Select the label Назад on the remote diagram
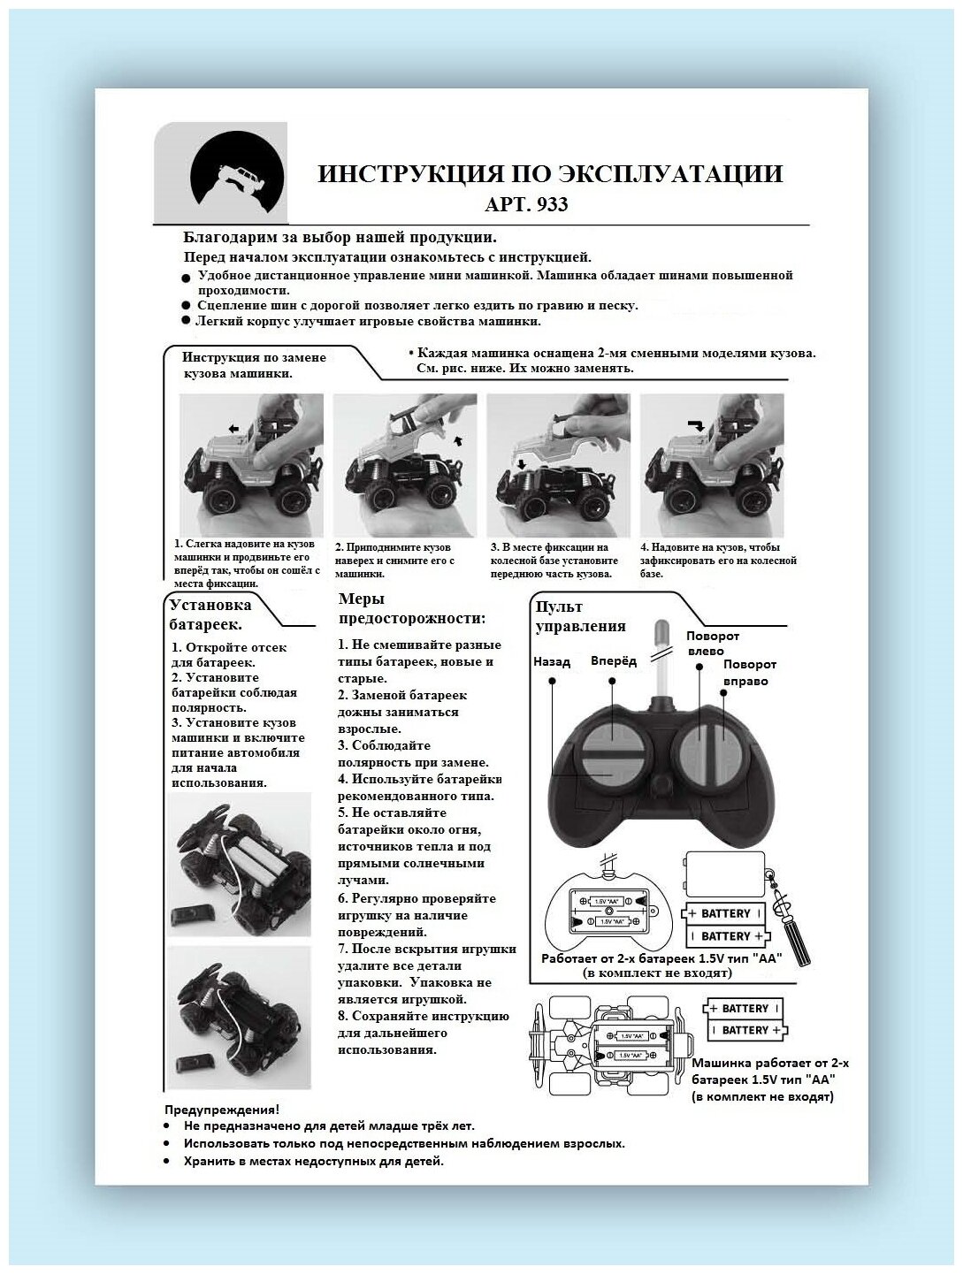click(x=551, y=661)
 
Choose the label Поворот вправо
click(x=749, y=673)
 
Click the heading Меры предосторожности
click(x=411, y=608)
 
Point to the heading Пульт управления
click(x=580, y=616)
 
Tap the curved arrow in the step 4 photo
click(x=699, y=425)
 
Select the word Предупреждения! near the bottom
click(x=222, y=1110)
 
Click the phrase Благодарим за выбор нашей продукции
click(x=340, y=237)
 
